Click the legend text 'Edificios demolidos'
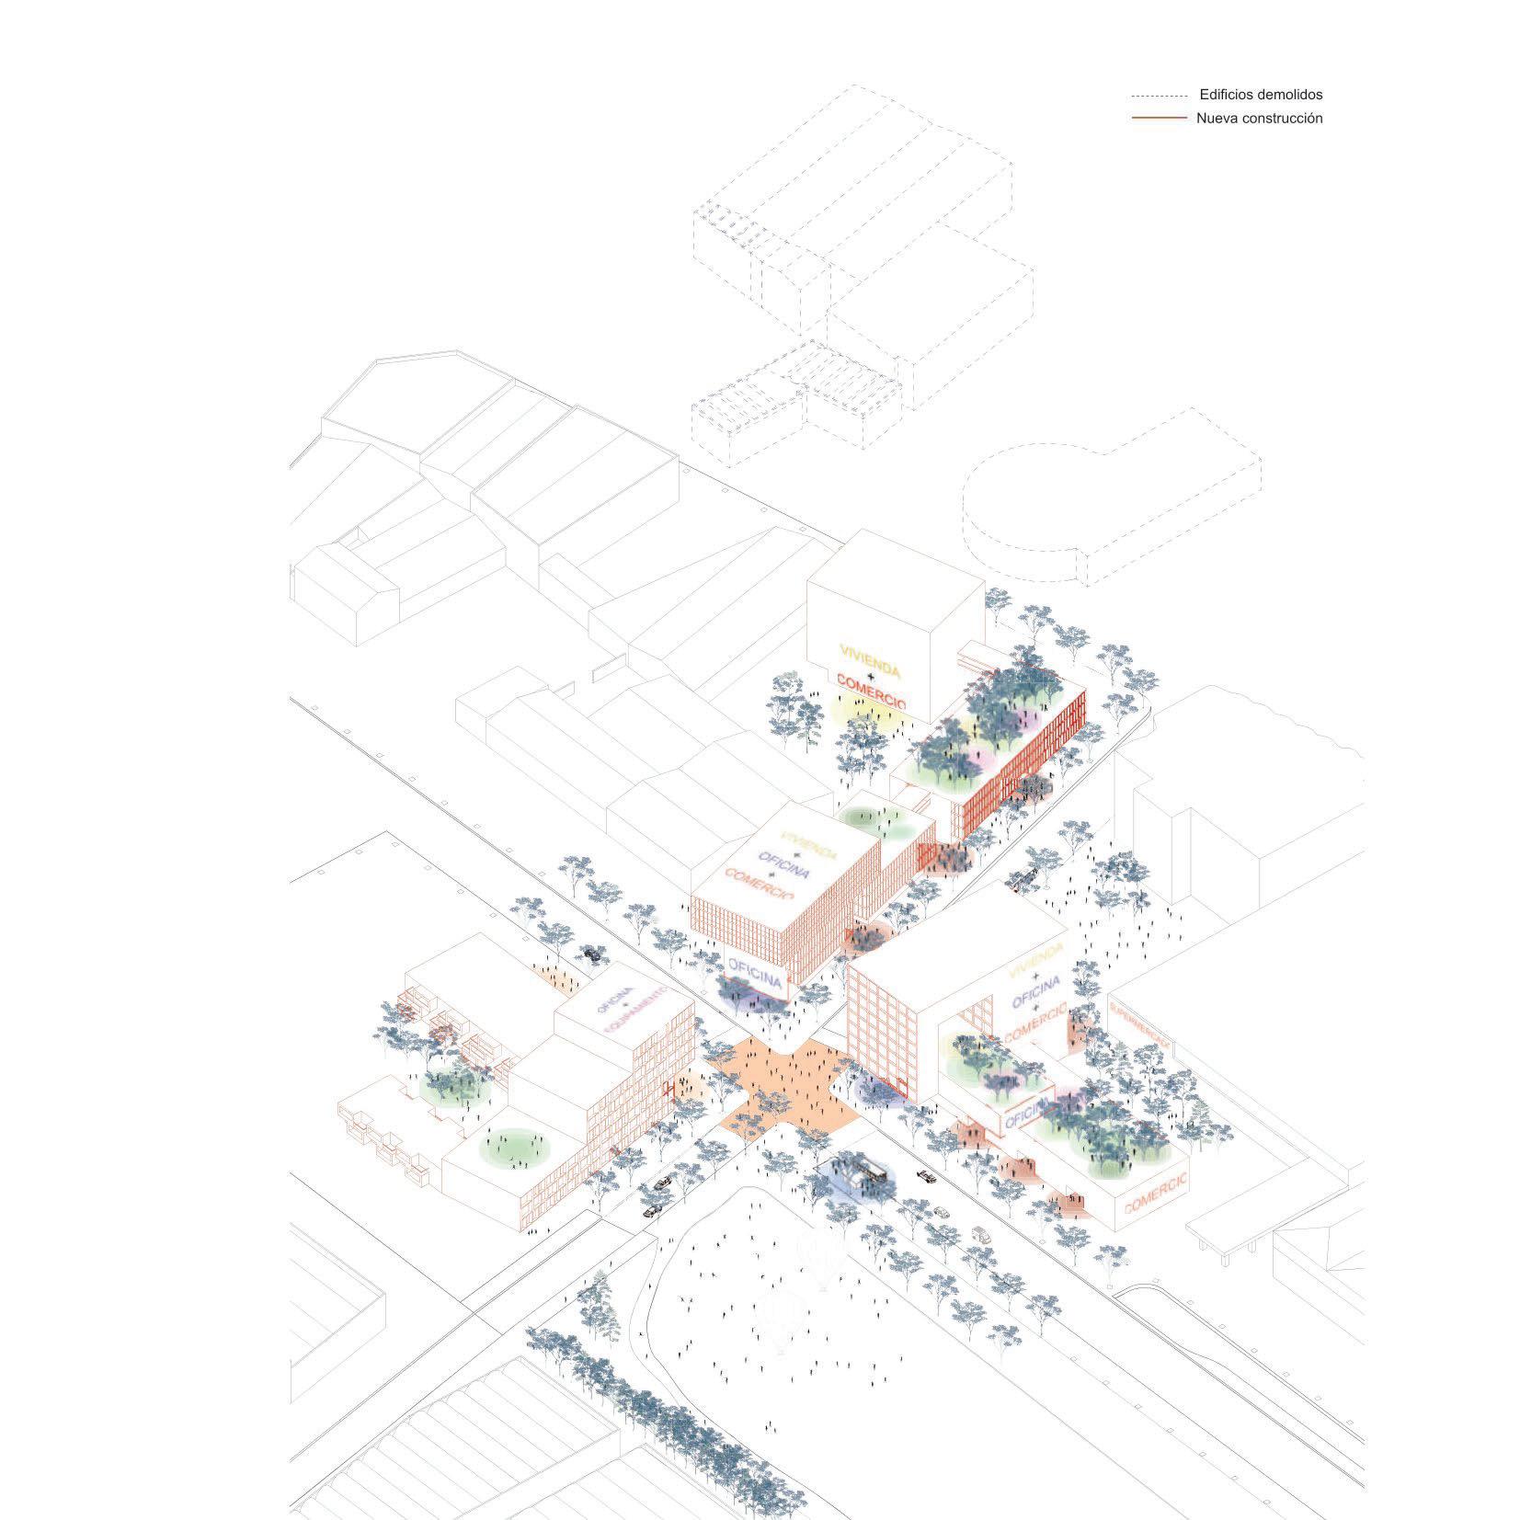coord(1261,95)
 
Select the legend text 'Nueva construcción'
coord(1259,119)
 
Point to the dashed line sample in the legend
coord(1159,96)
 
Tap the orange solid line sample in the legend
coord(1159,119)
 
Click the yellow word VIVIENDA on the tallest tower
coord(869,658)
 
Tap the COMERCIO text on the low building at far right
coord(1156,1193)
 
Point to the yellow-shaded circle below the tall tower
coord(851,708)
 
